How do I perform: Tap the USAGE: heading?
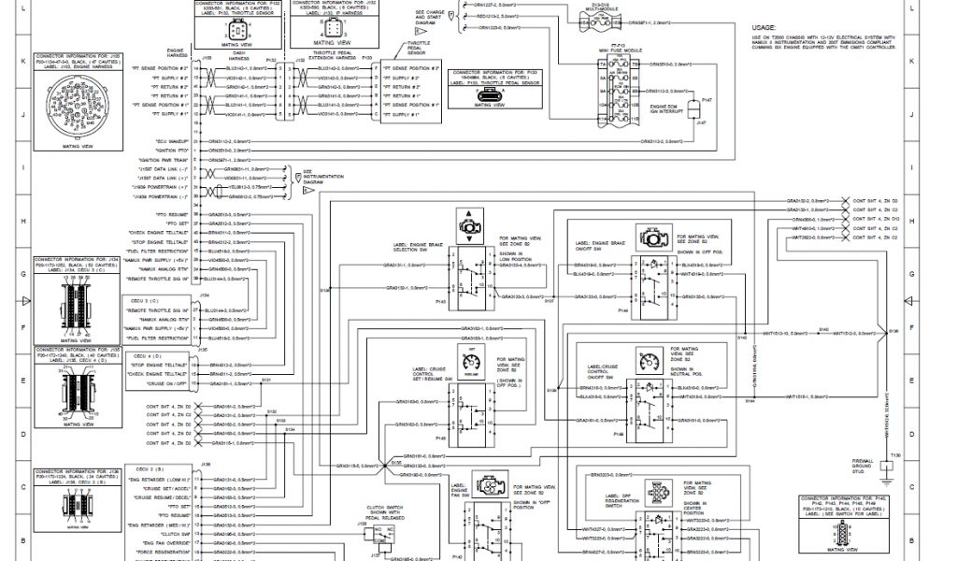point(764,28)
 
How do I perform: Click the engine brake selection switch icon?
point(465,223)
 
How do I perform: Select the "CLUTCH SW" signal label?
point(174,532)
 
